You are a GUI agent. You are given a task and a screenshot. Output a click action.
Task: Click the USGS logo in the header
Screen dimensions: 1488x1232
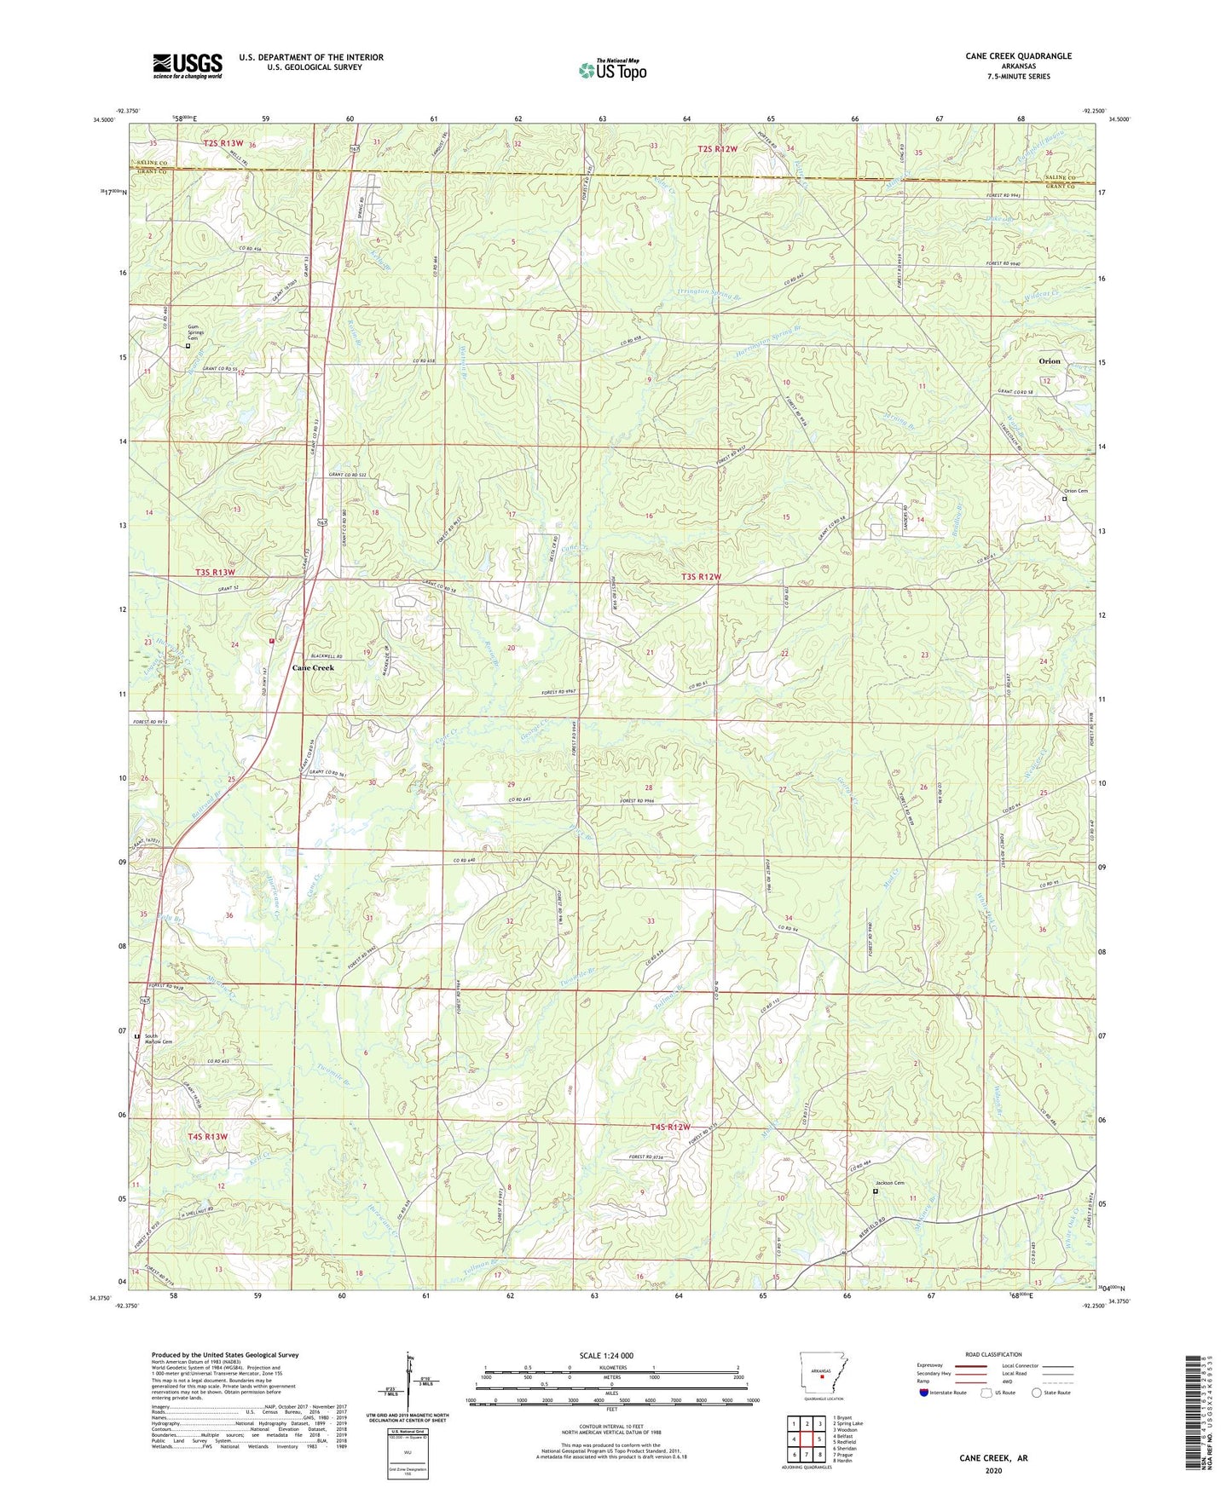(x=188, y=66)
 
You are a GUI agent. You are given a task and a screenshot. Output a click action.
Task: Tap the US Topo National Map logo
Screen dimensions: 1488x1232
(x=612, y=69)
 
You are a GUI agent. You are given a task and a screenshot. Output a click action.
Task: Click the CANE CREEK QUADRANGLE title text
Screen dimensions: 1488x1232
(x=1018, y=56)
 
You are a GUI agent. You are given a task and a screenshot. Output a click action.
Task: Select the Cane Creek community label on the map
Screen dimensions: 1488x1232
(x=313, y=667)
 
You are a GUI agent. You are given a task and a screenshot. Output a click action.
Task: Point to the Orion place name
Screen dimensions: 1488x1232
(x=1049, y=361)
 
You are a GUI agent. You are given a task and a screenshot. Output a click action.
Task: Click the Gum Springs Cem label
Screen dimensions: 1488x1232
(x=198, y=332)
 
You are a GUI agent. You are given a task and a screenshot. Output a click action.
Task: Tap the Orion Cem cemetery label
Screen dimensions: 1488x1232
(x=1075, y=491)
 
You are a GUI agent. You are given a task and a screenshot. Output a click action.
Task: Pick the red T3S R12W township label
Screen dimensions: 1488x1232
(x=701, y=577)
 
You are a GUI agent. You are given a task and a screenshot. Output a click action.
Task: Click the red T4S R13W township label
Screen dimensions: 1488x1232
(x=208, y=1136)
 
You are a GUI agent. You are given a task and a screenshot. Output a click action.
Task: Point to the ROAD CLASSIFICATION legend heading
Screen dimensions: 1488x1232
(x=993, y=1354)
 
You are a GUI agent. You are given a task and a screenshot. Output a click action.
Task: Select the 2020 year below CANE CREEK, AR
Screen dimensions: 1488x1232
(x=993, y=1470)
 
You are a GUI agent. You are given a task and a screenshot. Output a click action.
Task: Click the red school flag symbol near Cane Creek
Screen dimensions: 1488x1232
(x=272, y=639)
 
